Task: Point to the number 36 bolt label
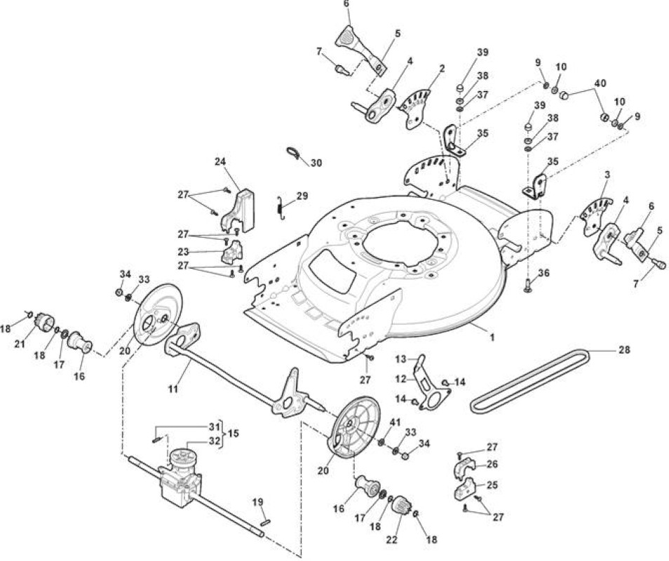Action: tap(543, 273)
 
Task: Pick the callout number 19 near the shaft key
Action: tap(257, 501)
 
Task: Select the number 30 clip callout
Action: tap(316, 163)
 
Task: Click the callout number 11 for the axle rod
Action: tap(173, 389)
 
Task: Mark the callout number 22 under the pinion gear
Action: tap(392, 540)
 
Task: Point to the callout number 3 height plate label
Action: tap(607, 175)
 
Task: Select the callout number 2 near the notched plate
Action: tap(442, 68)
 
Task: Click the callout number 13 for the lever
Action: tap(400, 359)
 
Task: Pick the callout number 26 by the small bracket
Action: tap(492, 464)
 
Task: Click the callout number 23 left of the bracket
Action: tap(184, 252)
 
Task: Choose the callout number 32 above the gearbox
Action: tap(215, 440)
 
